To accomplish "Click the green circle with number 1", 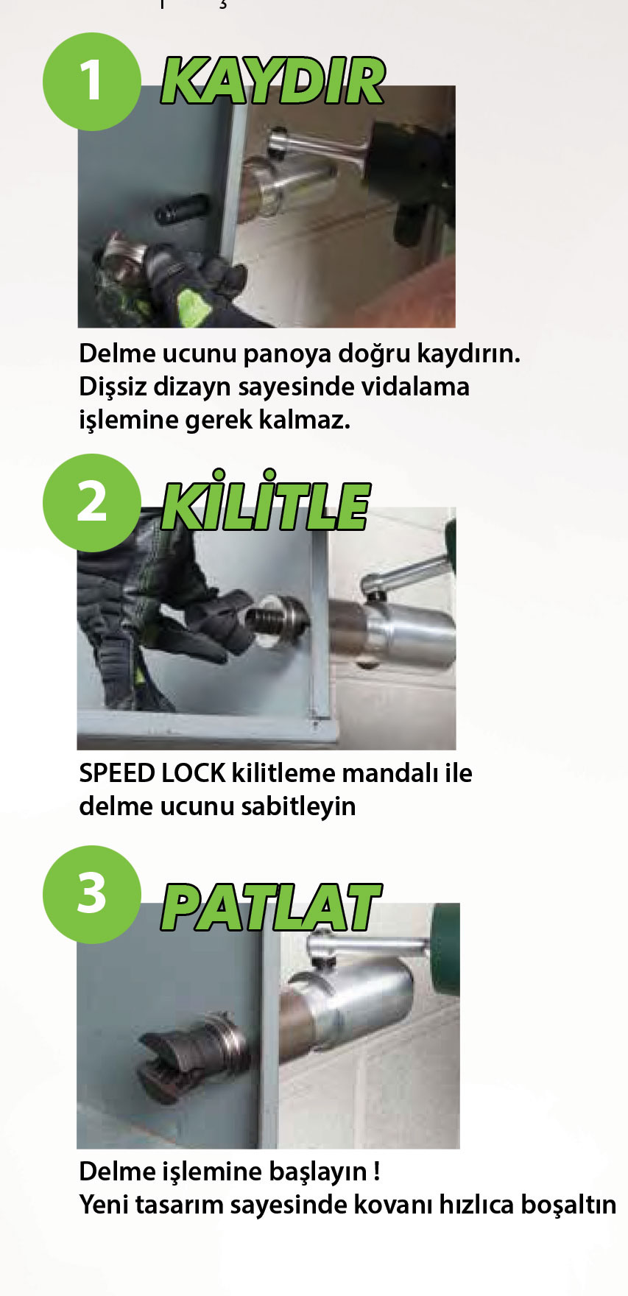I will coord(91,81).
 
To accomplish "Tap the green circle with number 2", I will coord(91,503).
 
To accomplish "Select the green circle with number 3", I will coord(91,894).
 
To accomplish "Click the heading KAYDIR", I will coord(272,81).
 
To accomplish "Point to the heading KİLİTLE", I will coord(265,504).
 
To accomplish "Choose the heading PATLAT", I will coord(271,907).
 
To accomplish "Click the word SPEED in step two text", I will coord(116,773).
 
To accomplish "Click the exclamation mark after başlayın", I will coord(377,1171).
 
